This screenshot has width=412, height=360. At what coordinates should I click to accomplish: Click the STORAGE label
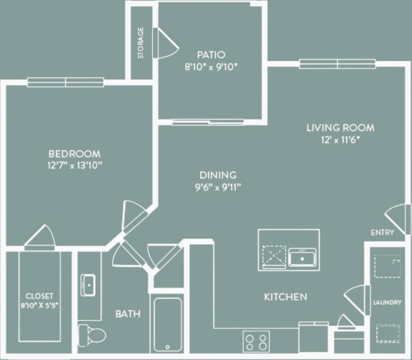tap(141, 43)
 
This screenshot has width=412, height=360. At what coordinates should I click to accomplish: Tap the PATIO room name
tap(211, 55)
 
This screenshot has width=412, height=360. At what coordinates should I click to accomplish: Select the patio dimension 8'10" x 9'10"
tap(211, 67)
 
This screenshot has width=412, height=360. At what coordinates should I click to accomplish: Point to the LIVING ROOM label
tap(340, 127)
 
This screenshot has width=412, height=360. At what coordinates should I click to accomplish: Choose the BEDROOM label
tap(74, 154)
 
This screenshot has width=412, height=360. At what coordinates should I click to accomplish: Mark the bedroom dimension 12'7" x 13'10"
tap(74, 166)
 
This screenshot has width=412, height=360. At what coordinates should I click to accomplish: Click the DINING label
tap(218, 175)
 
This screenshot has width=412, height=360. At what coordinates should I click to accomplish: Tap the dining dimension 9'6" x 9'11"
tap(218, 187)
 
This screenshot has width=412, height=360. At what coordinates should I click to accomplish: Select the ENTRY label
tap(382, 232)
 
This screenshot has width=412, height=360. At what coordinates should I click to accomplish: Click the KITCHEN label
tap(285, 297)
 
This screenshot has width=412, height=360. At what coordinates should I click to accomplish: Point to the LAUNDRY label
tap(387, 302)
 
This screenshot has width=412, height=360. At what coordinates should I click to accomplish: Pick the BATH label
tap(128, 314)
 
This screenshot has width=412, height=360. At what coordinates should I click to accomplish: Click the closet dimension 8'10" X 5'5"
tap(39, 305)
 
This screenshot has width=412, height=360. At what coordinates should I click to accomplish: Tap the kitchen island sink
tap(302, 257)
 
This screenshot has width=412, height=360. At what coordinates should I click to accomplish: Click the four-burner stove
tap(256, 342)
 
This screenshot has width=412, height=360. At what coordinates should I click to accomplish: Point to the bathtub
tap(168, 324)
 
